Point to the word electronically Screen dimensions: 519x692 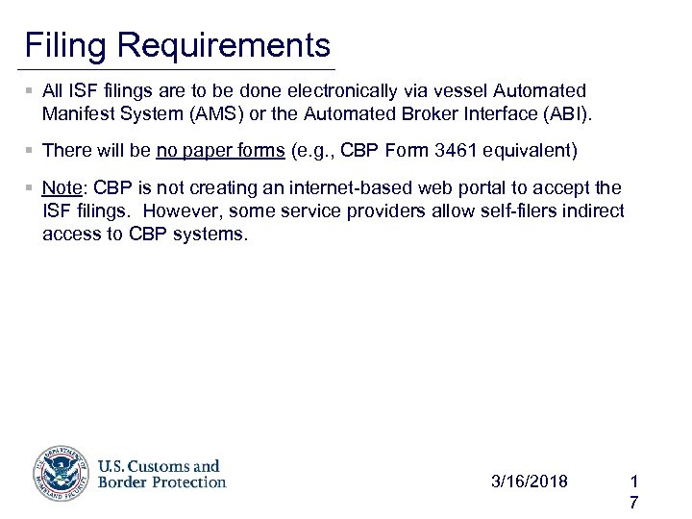click(350, 91)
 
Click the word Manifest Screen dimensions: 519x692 click(78, 114)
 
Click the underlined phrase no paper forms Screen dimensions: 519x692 click(220, 150)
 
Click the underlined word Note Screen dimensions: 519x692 click(62, 187)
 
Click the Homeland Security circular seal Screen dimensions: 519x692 click(62, 474)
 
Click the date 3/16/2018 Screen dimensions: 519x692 click(529, 481)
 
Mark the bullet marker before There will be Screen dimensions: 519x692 click(31, 150)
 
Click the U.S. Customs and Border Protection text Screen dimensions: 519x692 click(161, 474)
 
